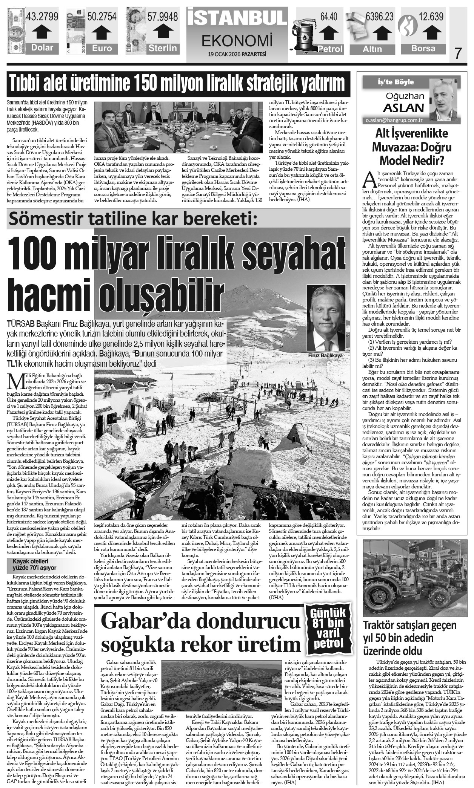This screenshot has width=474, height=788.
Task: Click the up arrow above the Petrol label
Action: point(330,33)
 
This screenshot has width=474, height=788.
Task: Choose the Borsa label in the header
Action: point(423,49)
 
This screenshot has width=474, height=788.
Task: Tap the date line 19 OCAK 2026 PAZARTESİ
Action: point(237,54)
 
